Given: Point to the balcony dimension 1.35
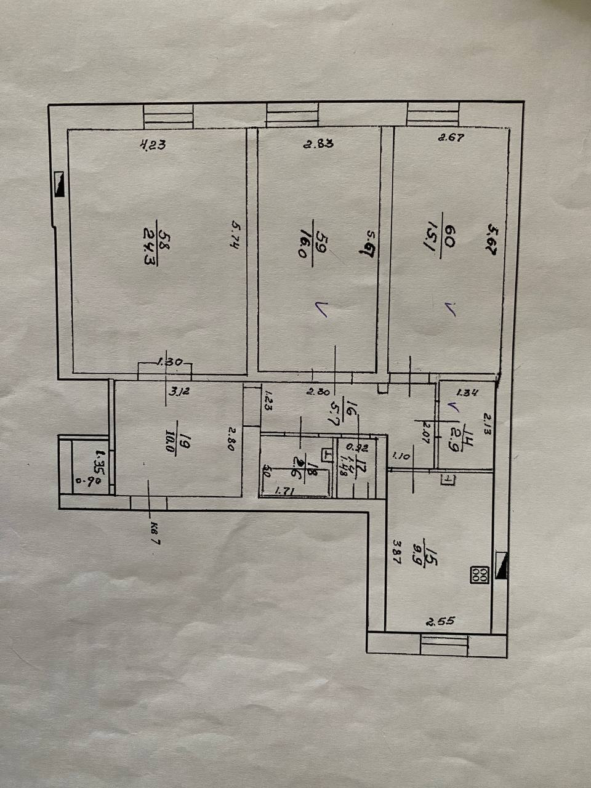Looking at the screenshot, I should [x=97, y=459].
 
